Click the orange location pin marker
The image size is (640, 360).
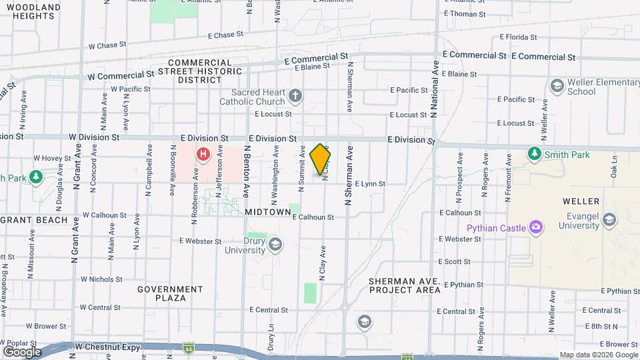pos(321,159)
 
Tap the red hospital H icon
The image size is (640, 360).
pos(203,155)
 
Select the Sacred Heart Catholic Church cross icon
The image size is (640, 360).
pos(296,97)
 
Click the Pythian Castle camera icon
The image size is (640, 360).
pos(536,228)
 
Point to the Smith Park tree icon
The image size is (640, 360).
pos(534,154)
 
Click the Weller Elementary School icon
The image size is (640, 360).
pos(557,86)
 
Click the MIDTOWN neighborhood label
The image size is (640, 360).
pos(268,212)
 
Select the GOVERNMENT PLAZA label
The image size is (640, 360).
pos(170,293)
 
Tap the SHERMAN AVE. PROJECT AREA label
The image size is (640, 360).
pos(405,285)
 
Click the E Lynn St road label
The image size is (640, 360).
pos(370,183)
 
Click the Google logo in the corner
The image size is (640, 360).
pos(22,351)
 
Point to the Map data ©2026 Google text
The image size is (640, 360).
pos(598,355)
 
